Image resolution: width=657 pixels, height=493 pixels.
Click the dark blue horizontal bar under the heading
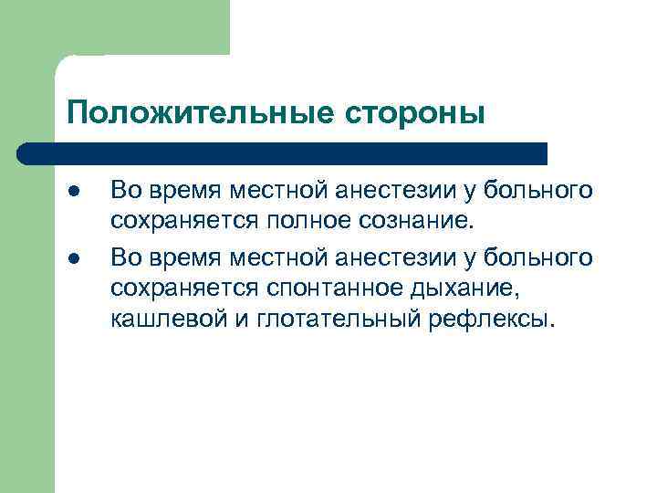283,152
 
